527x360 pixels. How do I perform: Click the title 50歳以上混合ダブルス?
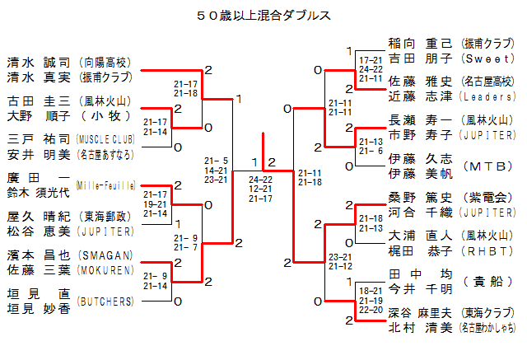pos(264,15)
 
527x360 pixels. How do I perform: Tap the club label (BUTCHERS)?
pos(105,302)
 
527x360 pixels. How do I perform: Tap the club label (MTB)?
pos(489,166)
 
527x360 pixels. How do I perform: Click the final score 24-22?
pos(261,179)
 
